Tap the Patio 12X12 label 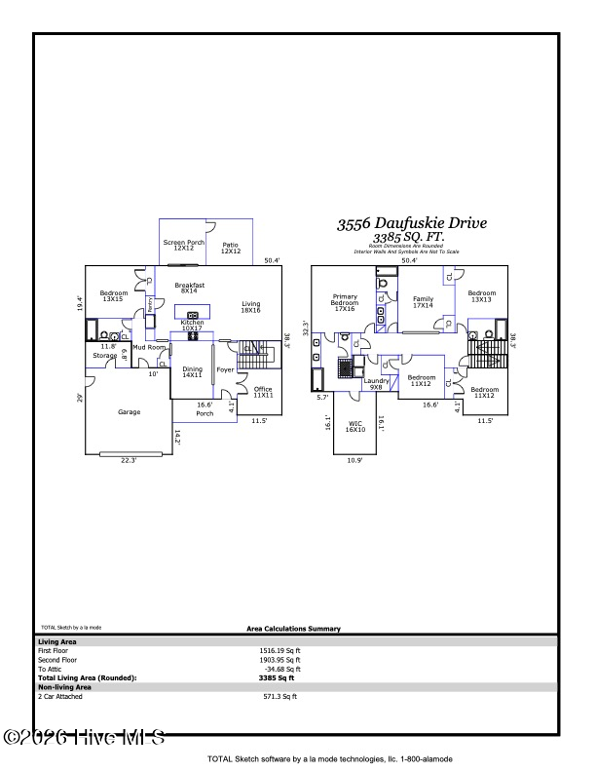click(x=230, y=249)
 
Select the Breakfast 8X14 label click(x=190, y=288)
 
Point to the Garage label click(x=130, y=412)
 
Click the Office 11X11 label click(x=263, y=393)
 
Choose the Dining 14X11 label click(x=192, y=372)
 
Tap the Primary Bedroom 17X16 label click(x=345, y=302)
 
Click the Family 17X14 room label click(x=422, y=302)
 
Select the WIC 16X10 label click(x=355, y=427)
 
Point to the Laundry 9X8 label click(x=376, y=384)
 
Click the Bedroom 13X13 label click(x=481, y=296)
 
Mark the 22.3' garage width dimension click(x=129, y=461)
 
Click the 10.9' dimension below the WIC click(x=354, y=461)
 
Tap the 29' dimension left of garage click(x=81, y=397)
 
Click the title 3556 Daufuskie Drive click(x=412, y=223)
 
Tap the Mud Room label click(x=149, y=347)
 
